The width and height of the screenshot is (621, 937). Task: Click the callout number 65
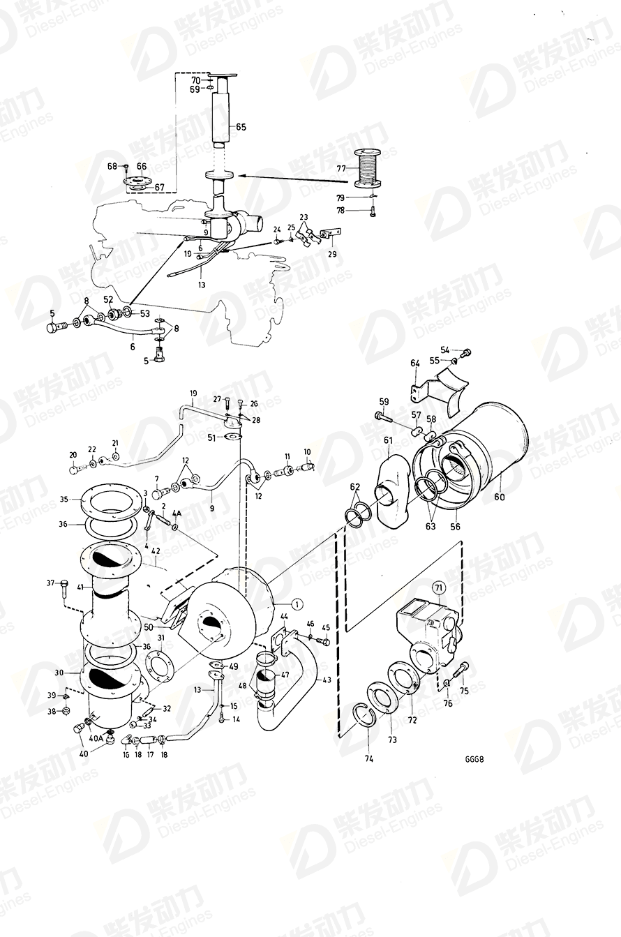pos(241,127)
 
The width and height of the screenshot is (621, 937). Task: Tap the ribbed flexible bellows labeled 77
pos(369,169)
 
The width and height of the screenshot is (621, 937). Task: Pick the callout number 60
pos(500,497)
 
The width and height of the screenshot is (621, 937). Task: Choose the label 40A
pos(95,738)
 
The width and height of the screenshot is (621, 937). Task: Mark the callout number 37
pos(50,583)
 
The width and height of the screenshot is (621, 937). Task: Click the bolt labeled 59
pos(382,417)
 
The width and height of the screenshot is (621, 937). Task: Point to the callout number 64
pos(414,363)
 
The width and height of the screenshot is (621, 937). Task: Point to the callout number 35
pos(63,500)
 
